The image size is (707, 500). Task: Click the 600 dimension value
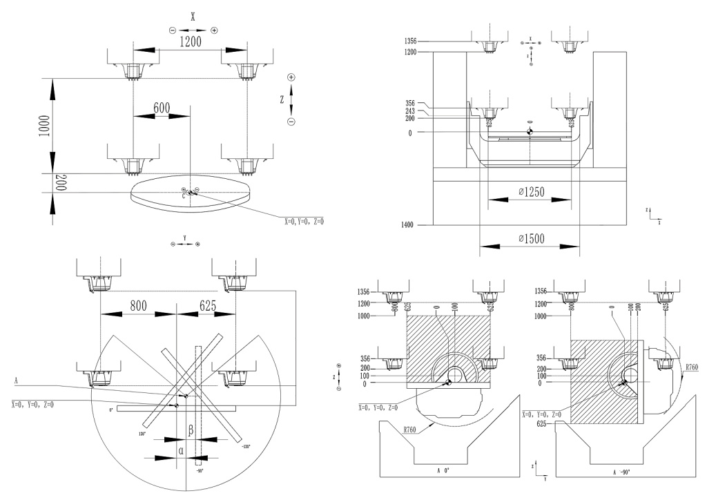[x=161, y=108]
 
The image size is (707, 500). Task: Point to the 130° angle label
[x=143, y=434]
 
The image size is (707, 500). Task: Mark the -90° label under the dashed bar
[x=199, y=472]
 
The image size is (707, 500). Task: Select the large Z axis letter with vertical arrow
[x=282, y=99]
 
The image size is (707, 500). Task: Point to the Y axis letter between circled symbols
[x=185, y=238]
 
